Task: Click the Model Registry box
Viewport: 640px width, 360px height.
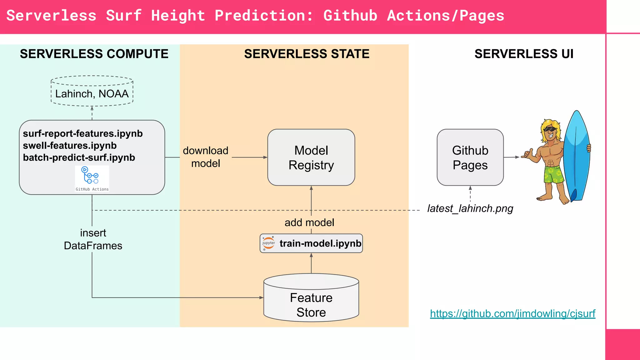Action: tap(311, 157)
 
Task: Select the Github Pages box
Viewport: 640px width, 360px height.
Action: tap(470, 157)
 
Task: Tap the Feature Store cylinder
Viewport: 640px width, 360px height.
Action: tap(311, 300)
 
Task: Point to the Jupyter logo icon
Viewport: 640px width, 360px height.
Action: tap(268, 243)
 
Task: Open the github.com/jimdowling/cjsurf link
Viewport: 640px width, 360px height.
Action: tap(512, 313)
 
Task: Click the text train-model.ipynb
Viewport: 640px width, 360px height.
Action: tap(320, 243)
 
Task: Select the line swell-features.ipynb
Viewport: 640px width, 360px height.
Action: tap(70, 146)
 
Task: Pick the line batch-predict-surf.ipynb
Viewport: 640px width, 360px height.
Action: tap(79, 157)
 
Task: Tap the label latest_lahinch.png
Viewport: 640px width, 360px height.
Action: tap(470, 208)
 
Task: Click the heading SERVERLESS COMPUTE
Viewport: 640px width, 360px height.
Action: tap(94, 54)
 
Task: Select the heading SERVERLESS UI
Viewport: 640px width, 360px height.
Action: tap(524, 54)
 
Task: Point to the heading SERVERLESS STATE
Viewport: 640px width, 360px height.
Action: tap(307, 54)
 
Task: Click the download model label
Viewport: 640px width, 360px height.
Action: tap(206, 157)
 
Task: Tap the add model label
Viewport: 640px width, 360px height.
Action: tap(309, 222)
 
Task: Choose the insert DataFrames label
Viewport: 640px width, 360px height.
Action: tap(93, 239)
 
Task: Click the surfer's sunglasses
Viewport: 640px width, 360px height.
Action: tap(550, 129)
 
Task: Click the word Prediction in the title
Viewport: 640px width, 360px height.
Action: tap(263, 16)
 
